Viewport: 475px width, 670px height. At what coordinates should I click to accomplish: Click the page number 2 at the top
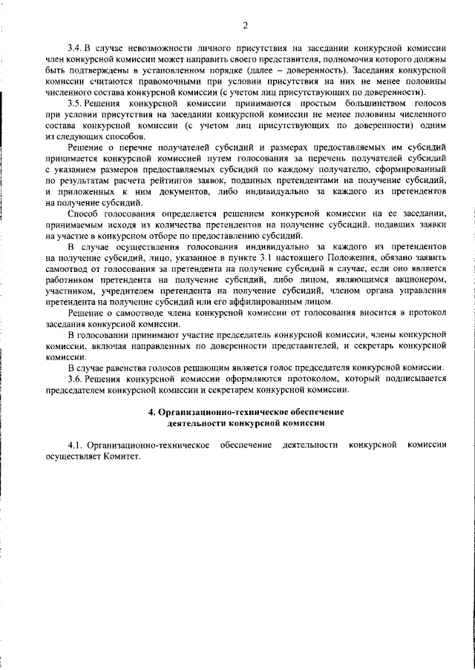244,27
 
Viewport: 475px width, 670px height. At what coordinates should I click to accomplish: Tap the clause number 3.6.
74,379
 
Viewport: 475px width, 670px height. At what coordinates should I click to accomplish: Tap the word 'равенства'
130,368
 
